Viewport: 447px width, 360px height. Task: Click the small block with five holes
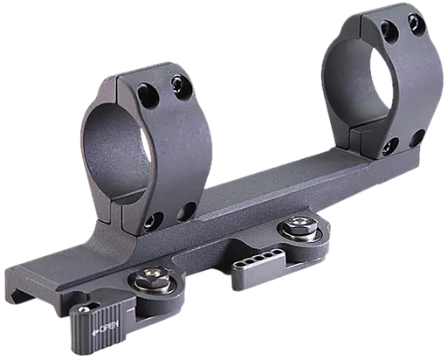(x=258, y=267)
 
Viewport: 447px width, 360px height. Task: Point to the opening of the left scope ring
(x=117, y=150)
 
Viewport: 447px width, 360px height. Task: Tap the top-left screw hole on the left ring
(x=148, y=93)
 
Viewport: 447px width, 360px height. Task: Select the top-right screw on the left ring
(x=179, y=85)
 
